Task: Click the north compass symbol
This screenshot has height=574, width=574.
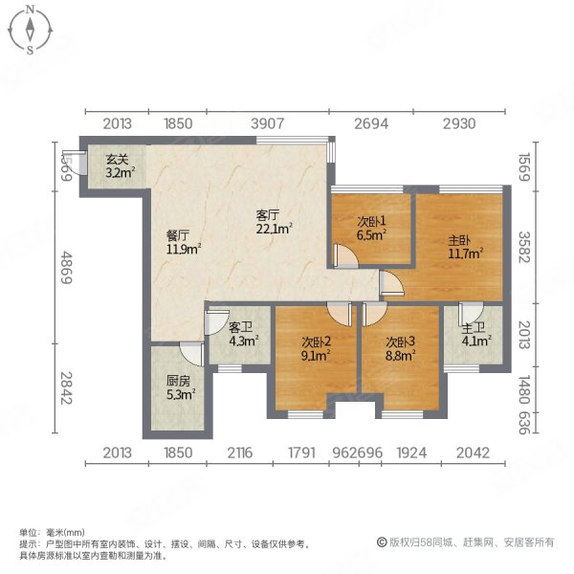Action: pyautogui.click(x=32, y=29)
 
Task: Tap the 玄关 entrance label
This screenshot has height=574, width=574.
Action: pyautogui.click(x=118, y=160)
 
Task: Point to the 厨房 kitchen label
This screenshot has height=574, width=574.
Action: pyautogui.click(x=178, y=379)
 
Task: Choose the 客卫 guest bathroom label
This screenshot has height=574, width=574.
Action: pyautogui.click(x=240, y=326)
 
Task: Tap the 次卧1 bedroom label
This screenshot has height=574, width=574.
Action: pyautogui.click(x=368, y=218)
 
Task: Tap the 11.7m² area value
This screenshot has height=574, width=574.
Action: pyautogui.click(x=465, y=254)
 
